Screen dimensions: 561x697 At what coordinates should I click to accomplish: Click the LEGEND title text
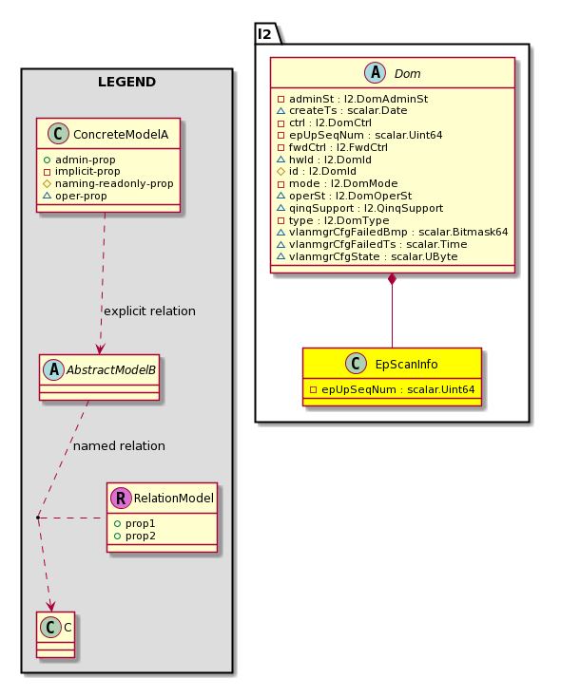126,83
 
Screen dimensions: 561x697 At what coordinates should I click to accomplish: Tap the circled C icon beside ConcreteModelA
58,134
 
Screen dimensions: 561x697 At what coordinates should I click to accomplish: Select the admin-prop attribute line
80,160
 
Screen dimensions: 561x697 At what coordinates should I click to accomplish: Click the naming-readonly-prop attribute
108,183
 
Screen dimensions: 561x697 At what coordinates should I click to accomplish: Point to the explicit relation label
149,311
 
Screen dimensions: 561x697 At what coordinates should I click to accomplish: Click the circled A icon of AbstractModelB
54,369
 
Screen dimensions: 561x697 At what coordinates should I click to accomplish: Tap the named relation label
119,446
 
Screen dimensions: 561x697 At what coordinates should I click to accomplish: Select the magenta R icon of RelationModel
121,498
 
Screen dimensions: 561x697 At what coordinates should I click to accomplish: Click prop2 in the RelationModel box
135,537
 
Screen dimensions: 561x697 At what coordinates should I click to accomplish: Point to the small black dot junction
38,518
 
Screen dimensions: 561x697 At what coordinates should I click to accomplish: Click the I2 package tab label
264,34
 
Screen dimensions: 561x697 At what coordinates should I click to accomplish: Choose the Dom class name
407,74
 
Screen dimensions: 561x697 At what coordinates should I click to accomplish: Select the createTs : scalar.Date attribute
342,111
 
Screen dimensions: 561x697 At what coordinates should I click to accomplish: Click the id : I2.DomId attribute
317,172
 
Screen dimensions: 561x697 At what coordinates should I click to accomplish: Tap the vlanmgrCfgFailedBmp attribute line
393,232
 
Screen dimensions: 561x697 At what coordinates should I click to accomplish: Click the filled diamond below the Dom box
393,279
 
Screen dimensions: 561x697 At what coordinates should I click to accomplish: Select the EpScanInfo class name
407,365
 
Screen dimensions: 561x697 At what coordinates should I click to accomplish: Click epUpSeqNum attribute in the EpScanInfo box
393,390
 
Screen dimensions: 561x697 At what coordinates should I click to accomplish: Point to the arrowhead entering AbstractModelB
100,348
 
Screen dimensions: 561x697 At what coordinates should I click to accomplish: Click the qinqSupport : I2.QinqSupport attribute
359,209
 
